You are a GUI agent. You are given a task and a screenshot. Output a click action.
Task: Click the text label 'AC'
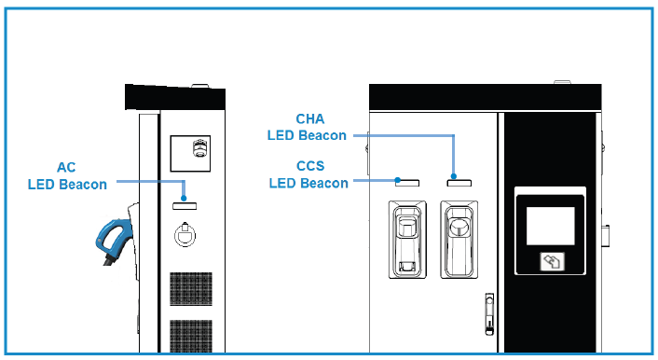[x=66, y=168]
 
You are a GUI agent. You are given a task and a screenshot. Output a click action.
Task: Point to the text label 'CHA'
[x=308, y=119]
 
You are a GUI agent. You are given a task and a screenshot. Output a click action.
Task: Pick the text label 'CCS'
[x=310, y=167]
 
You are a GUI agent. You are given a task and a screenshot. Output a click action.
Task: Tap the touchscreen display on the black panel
[x=551, y=225]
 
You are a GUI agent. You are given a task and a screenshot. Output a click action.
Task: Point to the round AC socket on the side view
[x=185, y=233]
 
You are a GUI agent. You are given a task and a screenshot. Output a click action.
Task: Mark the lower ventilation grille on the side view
[x=191, y=338]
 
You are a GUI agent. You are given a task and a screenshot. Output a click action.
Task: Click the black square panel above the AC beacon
[x=192, y=152]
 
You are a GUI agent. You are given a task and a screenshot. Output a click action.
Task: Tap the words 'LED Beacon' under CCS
[x=308, y=183]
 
